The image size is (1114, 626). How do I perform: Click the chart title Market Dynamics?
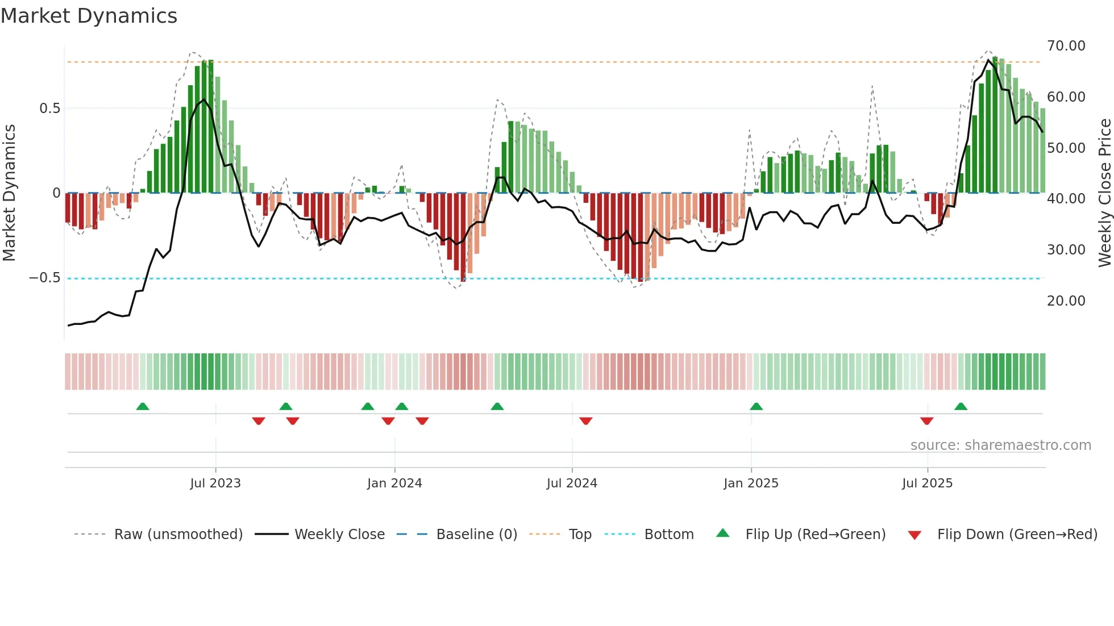point(89,16)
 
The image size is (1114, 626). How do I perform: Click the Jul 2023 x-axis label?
point(215,483)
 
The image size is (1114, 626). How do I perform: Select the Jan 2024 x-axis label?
point(394,483)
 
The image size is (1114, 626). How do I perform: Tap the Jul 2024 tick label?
point(572,483)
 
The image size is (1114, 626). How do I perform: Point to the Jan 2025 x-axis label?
point(751,483)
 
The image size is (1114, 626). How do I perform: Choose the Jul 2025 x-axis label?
point(927,483)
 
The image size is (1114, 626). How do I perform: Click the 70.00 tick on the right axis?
point(1066,46)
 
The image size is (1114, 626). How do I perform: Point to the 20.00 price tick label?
point(1066,301)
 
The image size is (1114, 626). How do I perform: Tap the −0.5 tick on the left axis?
point(44,278)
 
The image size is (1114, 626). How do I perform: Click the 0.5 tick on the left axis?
point(49,108)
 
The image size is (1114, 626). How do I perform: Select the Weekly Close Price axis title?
point(1104,193)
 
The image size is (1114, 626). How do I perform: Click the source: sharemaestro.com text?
point(1000,445)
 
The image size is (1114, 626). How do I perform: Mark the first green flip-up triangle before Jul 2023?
point(143,407)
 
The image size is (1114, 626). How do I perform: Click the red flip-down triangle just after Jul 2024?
point(586,420)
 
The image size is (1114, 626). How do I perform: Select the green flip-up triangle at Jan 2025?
point(756,407)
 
